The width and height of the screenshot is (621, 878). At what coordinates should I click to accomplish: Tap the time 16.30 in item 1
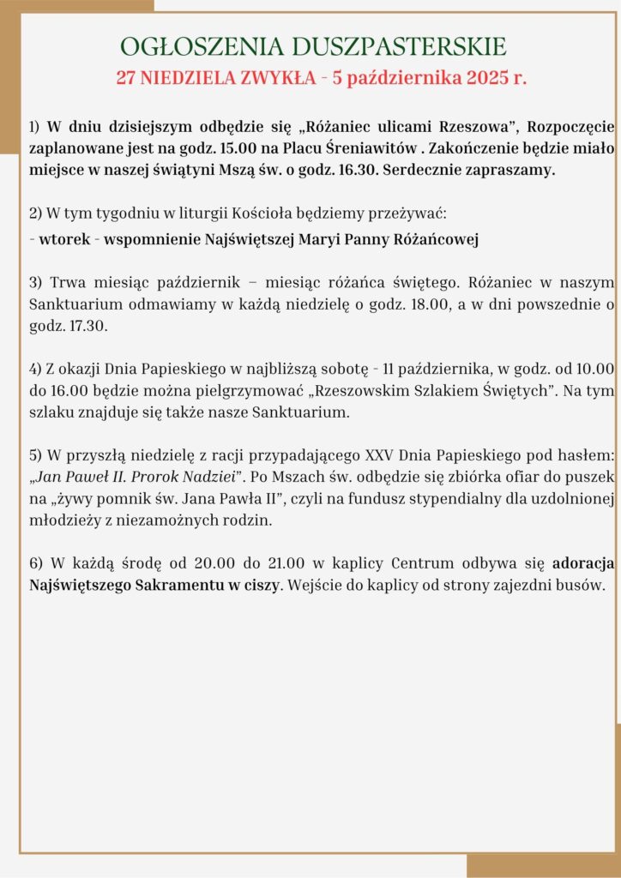[360, 170]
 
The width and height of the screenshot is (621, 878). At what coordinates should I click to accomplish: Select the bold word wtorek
[63, 239]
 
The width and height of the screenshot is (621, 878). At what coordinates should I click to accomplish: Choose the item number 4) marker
[35, 369]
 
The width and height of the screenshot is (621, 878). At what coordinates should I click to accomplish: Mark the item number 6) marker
[35, 564]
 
